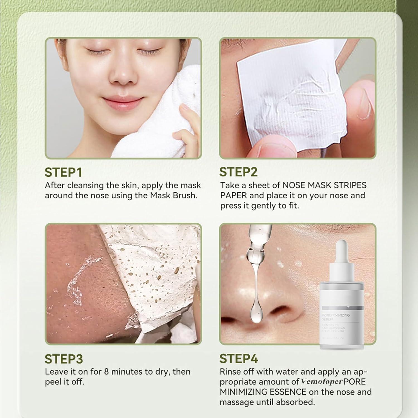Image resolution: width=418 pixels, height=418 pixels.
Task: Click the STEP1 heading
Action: tap(63, 172)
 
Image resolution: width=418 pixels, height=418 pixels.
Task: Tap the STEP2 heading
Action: tap(238, 172)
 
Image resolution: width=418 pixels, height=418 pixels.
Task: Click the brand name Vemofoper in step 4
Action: tap(321, 382)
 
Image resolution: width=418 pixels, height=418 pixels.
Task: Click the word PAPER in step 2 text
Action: tap(234, 196)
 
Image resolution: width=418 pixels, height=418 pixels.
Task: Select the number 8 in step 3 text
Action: tap(106, 372)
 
